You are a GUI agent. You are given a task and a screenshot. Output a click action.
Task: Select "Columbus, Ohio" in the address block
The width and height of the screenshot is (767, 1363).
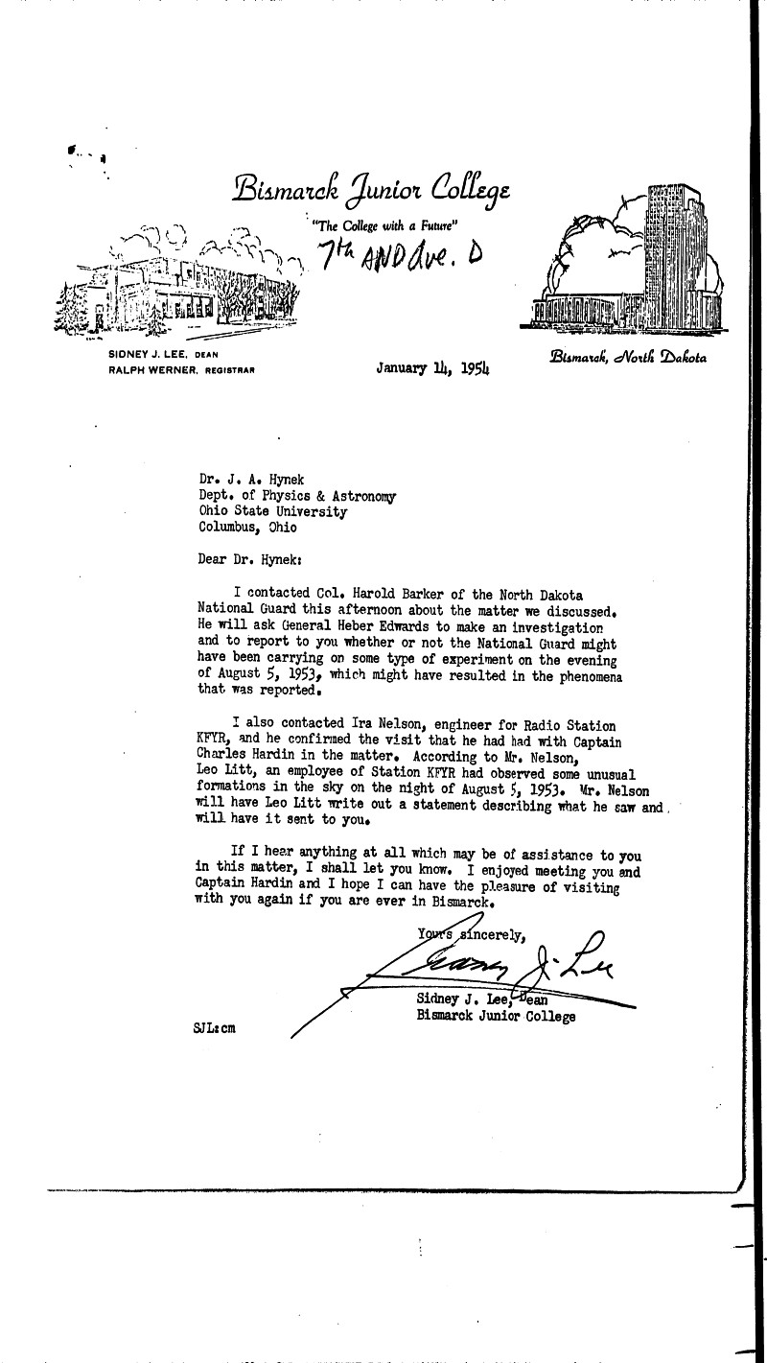click(x=247, y=527)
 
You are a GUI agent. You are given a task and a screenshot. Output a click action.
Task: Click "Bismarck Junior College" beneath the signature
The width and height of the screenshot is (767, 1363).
click(x=496, y=1016)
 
